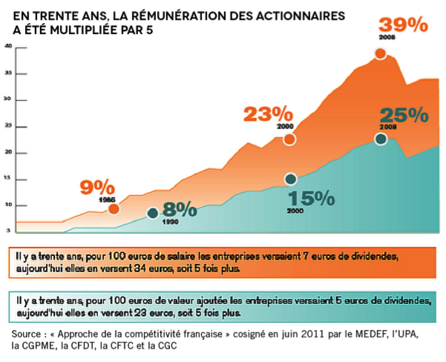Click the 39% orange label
tap(404, 24)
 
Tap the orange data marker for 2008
tap(381, 53)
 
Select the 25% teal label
tap(404, 116)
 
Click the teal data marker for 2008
tap(381, 139)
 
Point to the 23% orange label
tap(269, 115)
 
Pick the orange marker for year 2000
tap(290, 139)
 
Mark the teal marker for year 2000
tap(290, 179)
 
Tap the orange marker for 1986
tap(113, 209)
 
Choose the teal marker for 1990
tap(152, 214)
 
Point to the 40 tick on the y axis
tap(8, 46)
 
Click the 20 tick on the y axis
tap(8, 152)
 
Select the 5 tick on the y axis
tap(8, 231)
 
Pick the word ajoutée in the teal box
tap(206, 301)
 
